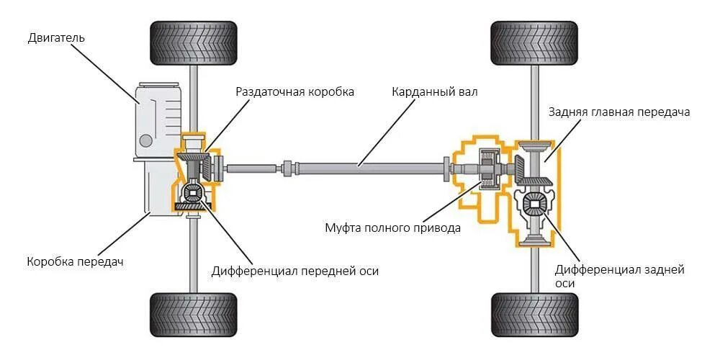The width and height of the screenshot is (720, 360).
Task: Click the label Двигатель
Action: [x=57, y=37]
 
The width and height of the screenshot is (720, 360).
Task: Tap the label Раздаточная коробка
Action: [x=295, y=92]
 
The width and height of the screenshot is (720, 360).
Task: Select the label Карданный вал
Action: [x=434, y=92]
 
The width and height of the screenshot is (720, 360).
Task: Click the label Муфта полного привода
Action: [x=392, y=228]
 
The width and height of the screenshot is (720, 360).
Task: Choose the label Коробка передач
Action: [x=75, y=261]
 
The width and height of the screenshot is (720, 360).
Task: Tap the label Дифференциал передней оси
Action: [x=294, y=271]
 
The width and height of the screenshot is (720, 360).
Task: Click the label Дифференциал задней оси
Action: [x=619, y=276]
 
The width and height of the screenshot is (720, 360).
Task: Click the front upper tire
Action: [x=193, y=44]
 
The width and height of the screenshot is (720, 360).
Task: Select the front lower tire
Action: [x=193, y=315]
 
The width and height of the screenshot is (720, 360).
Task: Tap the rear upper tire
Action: [x=534, y=44]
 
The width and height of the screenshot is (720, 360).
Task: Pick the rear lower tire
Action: [x=534, y=315]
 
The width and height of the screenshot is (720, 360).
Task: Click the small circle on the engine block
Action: [x=146, y=139]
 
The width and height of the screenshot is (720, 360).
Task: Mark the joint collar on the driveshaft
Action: [x=289, y=168]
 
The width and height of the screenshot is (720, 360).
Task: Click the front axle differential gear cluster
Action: [x=194, y=193]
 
